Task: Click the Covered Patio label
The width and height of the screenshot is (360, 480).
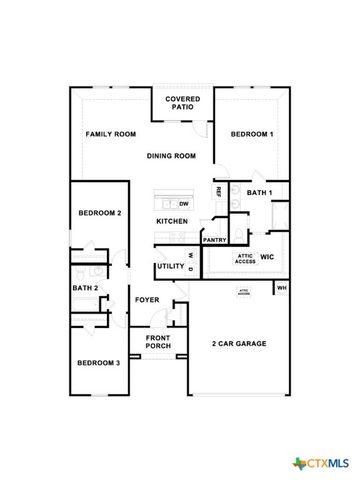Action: pyautogui.click(x=182, y=104)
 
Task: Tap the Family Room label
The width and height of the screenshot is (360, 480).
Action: pyautogui.click(x=110, y=134)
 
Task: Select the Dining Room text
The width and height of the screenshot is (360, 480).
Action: pyautogui.click(x=173, y=155)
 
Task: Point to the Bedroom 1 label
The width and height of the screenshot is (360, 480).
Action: pyautogui.click(x=252, y=134)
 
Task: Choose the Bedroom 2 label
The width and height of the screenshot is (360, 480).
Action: pyautogui.click(x=100, y=213)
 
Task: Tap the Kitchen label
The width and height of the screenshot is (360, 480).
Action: pyautogui.click(x=172, y=221)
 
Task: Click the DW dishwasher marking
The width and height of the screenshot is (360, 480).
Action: pyautogui.click(x=185, y=204)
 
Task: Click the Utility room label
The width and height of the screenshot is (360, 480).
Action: pyautogui.click(x=170, y=267)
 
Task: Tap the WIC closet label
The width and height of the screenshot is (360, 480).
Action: pyautogui.click(x=267, y=257)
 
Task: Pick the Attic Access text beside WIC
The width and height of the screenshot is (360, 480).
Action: pyautogui.click(x=245, y=258)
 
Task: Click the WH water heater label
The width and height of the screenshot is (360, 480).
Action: pyautogui.click(x=281, y=289)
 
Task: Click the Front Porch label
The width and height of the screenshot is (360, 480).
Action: pyautogui.click(x=158, y=342)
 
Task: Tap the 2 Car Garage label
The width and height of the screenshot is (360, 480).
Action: pyautogui.click(x=238, y=343)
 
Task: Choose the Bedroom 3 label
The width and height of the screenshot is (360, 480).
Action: pyautogui.click(x=100, y=362)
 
